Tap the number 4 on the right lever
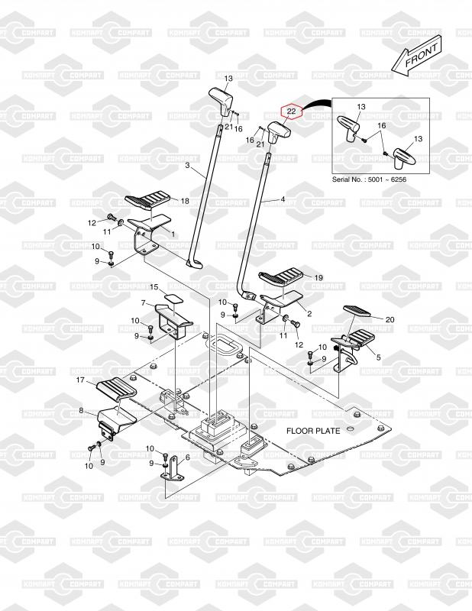pyautogui.click(x=283, y=199)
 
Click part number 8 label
pyautogui.click(x=80, y=411)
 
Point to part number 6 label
pyautogui.click(x=187, y=457)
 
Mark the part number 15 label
pyautogui.click(x=154, y=287)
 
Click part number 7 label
pyautogui.click(x=141, y=302)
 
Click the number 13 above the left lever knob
pyautogui.click(x=228, y=79)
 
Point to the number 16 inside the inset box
pyautogui.click(x=382, y=124)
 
